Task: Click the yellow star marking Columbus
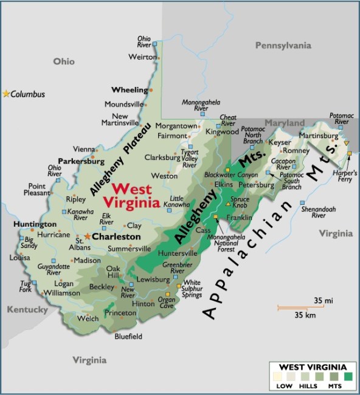click(x=7, y=94)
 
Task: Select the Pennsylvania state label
click(x=283, y=46)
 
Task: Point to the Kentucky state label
click(x=27, y=310)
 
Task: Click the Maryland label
click(x=284, y=123)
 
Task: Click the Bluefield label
click(x=128, y=336)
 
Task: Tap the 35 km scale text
click(x=303, y=315)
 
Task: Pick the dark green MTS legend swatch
click(x=348, y=377)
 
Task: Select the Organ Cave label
click(x=166, y=302)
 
